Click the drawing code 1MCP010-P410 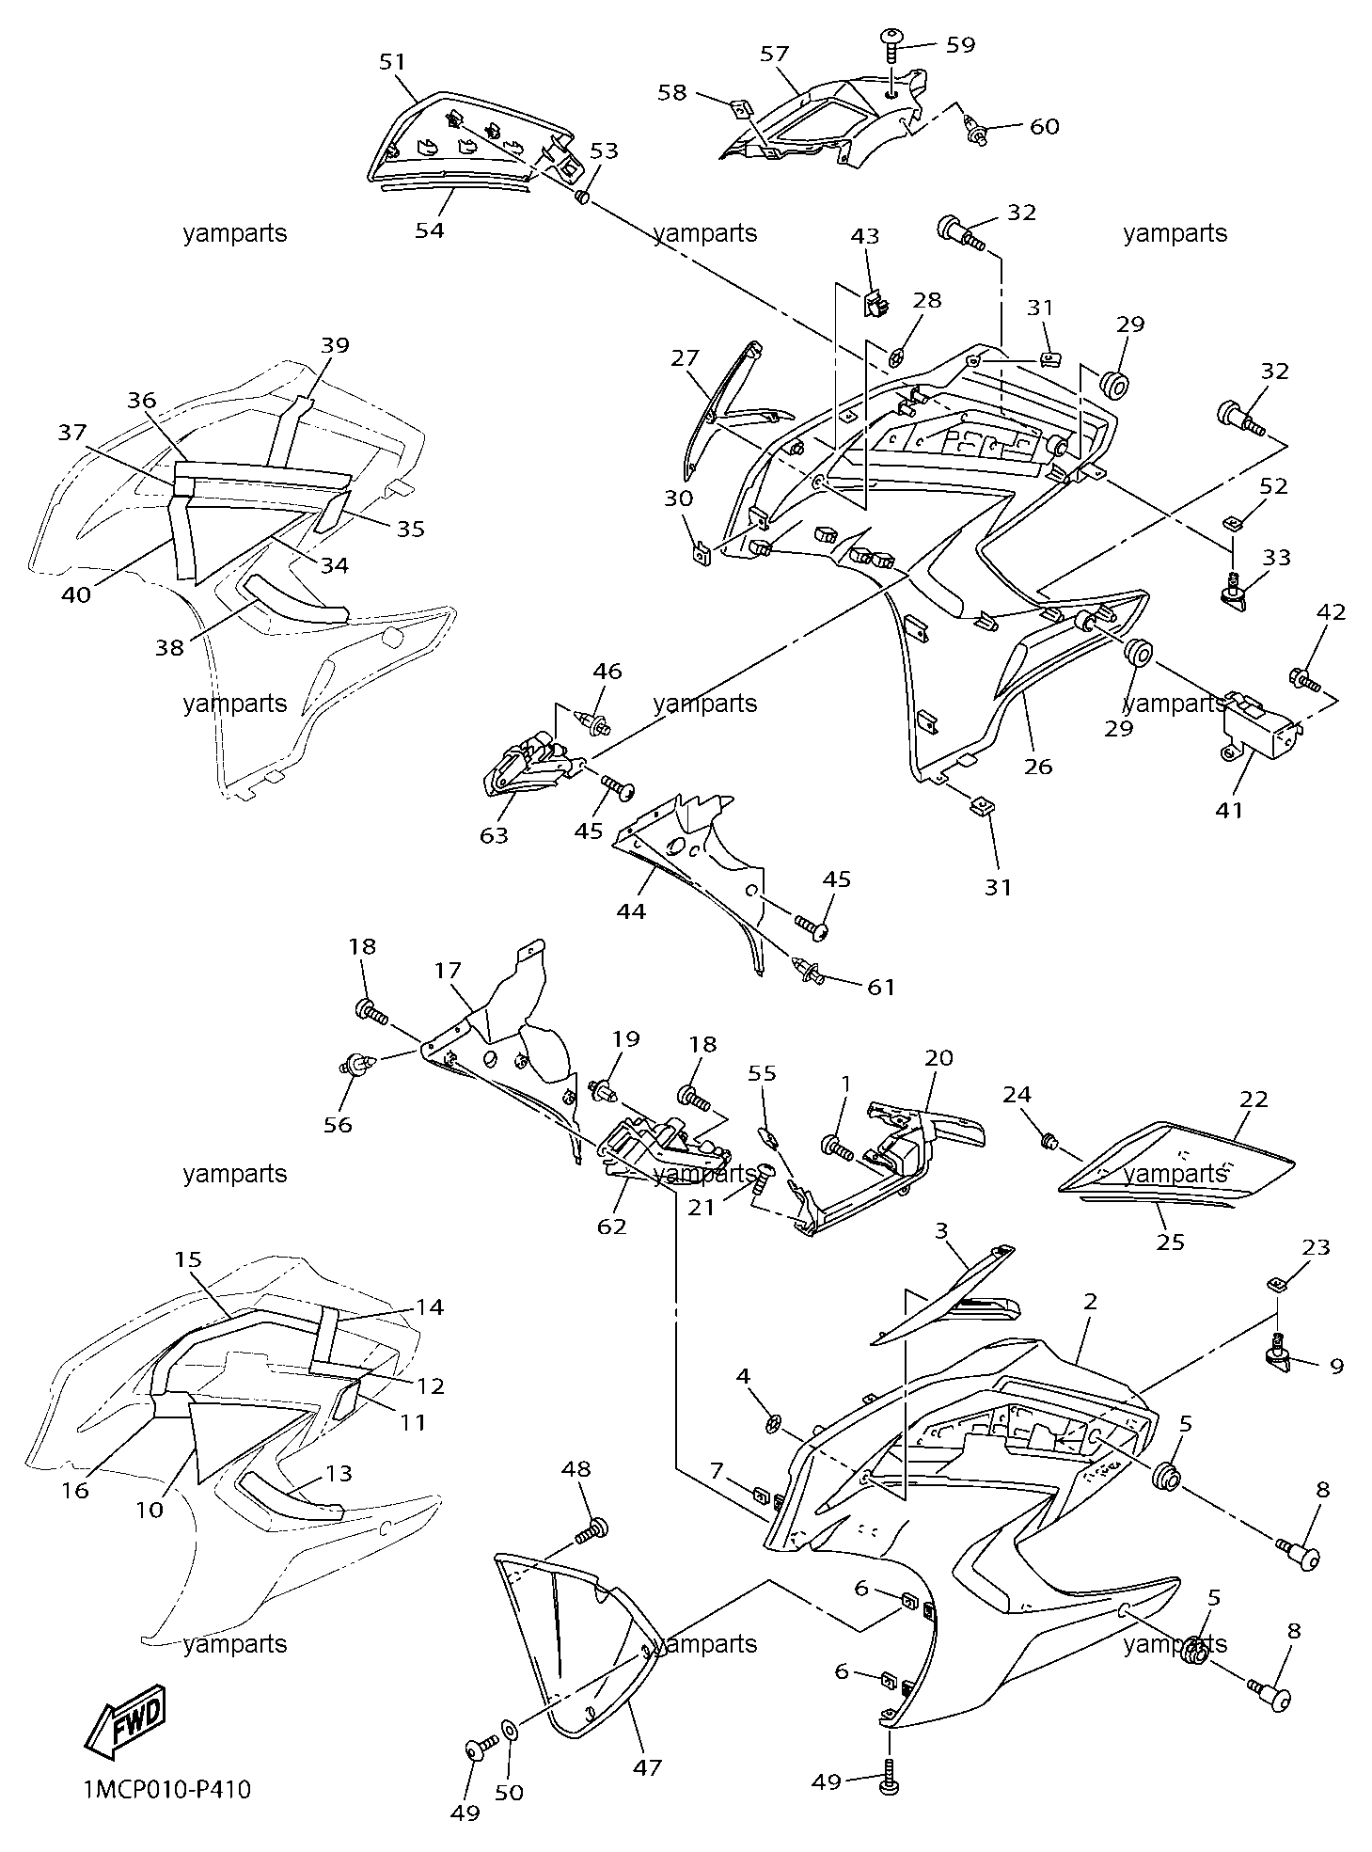(x=167, y=1790)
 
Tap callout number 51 (x=392, y=61)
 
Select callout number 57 (x=774, y=54)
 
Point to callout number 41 (x=1229, y=809)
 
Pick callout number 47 (x=647, y=1767)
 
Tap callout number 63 (x=494, y=834)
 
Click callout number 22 (x=1254, y=1099)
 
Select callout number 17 (x=448, y=969)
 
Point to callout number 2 (x=1090, y=1302)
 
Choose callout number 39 (x=335, y=344)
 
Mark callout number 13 (x=339, y=1473)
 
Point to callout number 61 (x=880, y=987)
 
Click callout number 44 (x=632, y=910)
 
